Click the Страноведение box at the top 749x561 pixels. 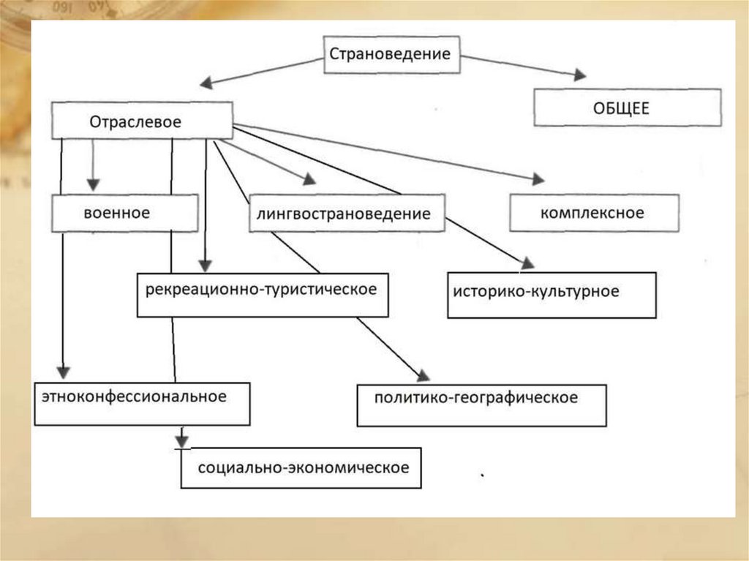coord(392,55)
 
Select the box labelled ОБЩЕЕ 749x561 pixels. coord(627,108)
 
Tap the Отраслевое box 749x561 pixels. coord(142,121)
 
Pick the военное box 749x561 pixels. coord(124,213)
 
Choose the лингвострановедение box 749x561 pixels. coord(346,214)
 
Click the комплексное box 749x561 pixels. coord(593,213)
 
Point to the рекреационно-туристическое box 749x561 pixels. coord(262,294)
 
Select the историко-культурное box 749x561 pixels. coord(551,295)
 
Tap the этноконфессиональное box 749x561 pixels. coord(142,403)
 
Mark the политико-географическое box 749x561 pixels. coord(481,404)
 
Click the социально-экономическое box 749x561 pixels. coord(301,467)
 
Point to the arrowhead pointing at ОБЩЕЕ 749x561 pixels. coord(579,75)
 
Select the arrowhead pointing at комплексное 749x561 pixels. coord(538,179)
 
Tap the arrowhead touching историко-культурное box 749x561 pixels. coord(527,263)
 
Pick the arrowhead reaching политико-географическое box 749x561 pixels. coord(422,376)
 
